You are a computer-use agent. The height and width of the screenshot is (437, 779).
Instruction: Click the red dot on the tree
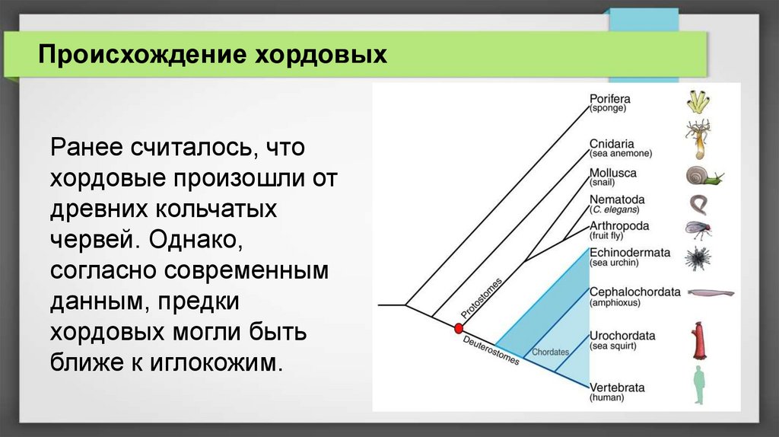pos(459,328)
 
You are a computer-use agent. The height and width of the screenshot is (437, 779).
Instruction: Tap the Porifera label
pos(609,99)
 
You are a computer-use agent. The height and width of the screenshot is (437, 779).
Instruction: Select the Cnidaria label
pos(612,144)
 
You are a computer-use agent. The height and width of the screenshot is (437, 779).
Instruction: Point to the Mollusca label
pos(612,173)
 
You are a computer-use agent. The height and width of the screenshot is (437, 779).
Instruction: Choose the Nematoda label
pos(616,199)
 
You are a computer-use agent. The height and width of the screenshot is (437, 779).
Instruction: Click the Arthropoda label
pos(619,225)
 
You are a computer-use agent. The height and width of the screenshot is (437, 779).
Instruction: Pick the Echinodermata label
pos(629,253)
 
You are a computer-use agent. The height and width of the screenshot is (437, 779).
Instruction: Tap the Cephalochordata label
pos(635,292)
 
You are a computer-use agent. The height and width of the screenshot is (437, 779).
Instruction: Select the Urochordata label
pos(622,336)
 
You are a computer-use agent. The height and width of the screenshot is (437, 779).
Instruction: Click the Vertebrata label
pos(616,388)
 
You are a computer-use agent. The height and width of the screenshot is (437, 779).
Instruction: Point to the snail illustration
pos(704,176)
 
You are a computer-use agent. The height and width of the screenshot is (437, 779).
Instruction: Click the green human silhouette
pos(700,385)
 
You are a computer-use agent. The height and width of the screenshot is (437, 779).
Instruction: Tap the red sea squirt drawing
pos(699,340)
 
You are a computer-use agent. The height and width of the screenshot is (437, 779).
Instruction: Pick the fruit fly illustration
pos(698,230)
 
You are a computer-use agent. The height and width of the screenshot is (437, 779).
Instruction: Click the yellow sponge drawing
pos(698,101)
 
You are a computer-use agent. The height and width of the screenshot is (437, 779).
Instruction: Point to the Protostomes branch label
pos(482,298)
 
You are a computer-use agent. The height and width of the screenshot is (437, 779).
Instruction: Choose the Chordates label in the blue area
pos(551,352)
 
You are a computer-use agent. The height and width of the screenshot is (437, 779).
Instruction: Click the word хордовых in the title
pos(320,54)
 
